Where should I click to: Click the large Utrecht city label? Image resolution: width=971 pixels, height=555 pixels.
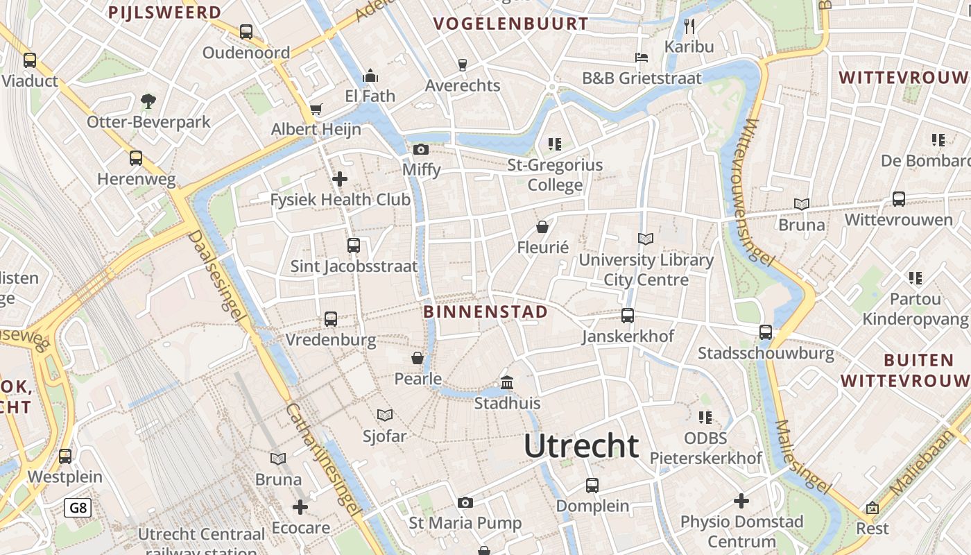tap(581, 445)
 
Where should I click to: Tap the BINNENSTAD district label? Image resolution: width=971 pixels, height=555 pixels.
tap(486, 311)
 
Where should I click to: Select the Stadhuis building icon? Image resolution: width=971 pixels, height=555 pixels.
tap(507, 383)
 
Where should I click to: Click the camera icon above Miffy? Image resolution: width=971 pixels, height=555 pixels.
tap(420, 149)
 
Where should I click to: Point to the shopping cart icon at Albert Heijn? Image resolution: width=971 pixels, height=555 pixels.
tap(316, 109)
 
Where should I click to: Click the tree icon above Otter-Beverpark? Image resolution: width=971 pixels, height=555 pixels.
tap(148, 101)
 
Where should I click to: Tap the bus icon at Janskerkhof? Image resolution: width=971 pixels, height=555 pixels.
tap(628, 316)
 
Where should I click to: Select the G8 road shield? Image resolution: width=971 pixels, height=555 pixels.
tap(78, 508)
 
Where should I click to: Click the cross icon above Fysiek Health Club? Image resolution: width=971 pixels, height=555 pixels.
tap(340, 179)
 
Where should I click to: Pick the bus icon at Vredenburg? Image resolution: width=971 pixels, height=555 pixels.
tap(331, 319)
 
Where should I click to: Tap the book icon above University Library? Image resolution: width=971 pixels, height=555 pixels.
tap(646, 239)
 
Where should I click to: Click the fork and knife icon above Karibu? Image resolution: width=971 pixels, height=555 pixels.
tap(689, 26)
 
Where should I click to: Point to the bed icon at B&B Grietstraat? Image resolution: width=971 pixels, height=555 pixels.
tap(642, 58)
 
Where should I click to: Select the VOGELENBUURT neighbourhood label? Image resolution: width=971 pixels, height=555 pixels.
tap(510, 24)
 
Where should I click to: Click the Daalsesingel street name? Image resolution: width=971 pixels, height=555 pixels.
tap(216, 276)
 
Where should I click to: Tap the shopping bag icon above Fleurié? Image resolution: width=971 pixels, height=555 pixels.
tap(542, 227)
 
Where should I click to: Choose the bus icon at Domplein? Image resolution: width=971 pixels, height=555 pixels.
tap(592, 486)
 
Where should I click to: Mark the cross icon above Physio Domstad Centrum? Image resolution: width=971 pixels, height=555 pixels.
tap(741, 500)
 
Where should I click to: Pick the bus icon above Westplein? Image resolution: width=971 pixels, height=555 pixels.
tap(65, 456)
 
